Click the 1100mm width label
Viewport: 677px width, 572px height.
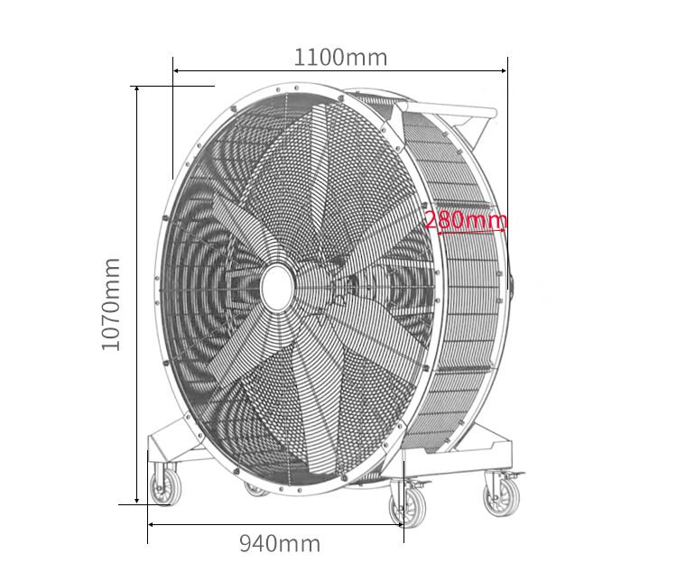pyautogui.click(x=340, y=57)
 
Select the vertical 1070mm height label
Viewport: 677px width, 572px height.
pyautogui.click(x=110, y=304)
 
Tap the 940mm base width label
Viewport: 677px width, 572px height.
pyautogui.click(x=279, y=543)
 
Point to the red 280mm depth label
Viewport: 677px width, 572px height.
pyautogui.click(x=466, y=219)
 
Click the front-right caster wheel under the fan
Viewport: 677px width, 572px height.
pyautogui.click(x=409, y=506)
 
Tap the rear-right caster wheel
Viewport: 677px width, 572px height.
pyautogui.click(x=501, y=495)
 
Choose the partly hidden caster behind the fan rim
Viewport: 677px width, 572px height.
pyautogui.click(x=256, y=490)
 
